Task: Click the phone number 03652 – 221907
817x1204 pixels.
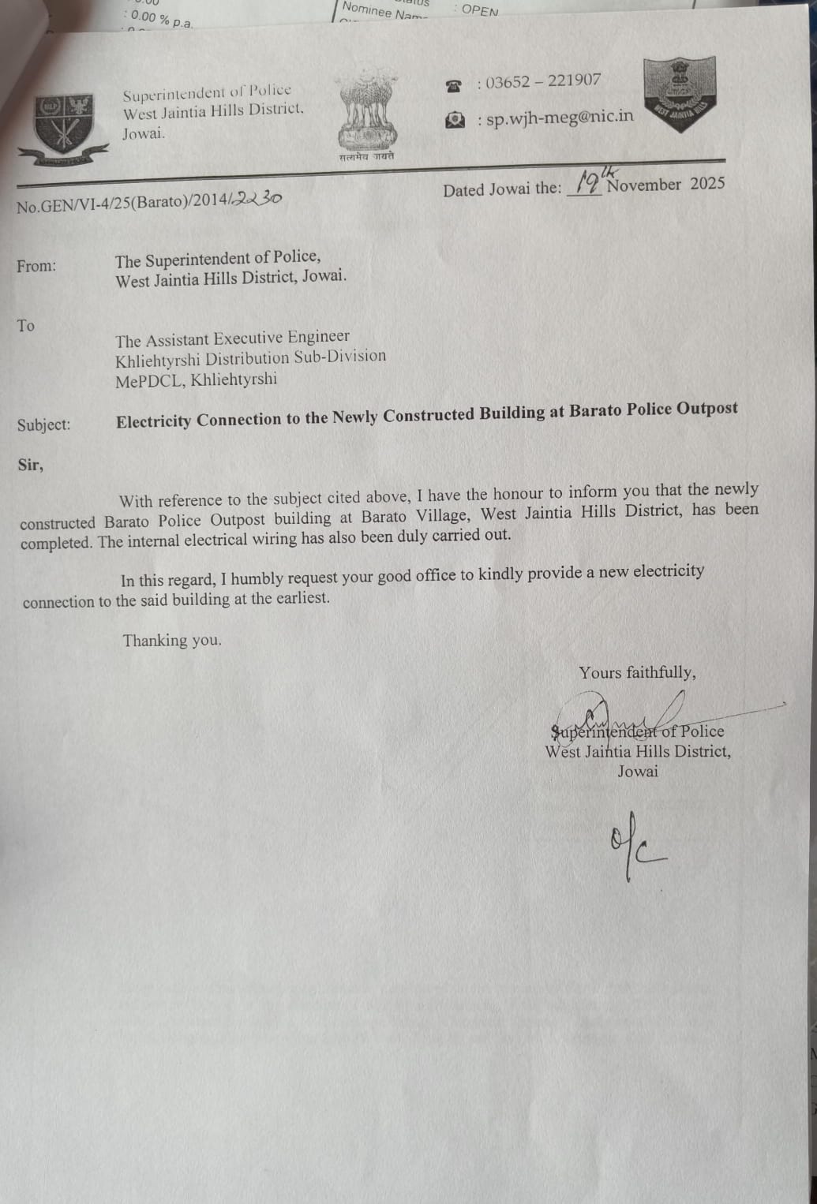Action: pos(543,81)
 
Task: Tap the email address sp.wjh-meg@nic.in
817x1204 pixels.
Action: pos(560,118)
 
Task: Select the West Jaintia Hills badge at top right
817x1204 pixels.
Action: pos(680,94)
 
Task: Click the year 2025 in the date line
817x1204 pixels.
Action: pos(707,183)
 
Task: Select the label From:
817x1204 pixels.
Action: pos(36,266)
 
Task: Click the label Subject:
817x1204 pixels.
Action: pos(43,424)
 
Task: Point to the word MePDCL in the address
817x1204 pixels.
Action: pos(149,381)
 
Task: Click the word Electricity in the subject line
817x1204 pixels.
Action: pos(153,421)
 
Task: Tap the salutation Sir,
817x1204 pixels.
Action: pos(31,465)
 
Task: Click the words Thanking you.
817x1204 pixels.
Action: pos(171,640)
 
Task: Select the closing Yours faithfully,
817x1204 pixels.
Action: pos(637,672)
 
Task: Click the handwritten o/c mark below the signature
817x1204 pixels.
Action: pos(635,848)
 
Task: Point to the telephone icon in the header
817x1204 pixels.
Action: pos(453,86)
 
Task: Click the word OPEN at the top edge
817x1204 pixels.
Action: pos(480,10)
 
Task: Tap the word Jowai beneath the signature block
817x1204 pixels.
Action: pos(637,771)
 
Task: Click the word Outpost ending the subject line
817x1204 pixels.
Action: pos(707,409)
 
